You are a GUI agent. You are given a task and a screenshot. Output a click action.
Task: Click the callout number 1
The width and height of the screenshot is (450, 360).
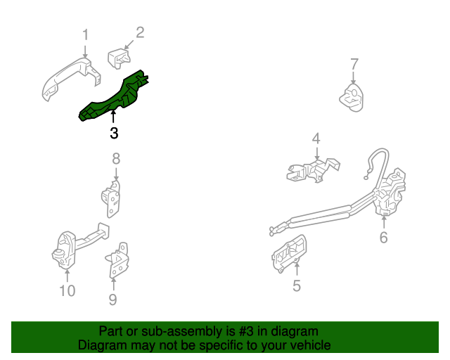pos(85,35)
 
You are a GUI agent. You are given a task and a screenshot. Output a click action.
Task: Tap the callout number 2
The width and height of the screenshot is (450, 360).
pos(140,32)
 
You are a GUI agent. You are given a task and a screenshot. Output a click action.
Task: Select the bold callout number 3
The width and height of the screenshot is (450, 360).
pos(114,134)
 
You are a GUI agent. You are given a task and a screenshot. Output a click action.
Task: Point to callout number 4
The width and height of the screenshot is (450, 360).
pos(316,139)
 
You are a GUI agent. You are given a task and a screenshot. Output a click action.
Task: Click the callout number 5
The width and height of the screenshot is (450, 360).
pos(297,285)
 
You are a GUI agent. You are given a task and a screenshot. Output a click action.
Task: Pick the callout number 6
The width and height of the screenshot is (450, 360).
pos(383,238)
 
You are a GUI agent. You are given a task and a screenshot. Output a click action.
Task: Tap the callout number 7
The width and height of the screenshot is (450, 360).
pos(354,64)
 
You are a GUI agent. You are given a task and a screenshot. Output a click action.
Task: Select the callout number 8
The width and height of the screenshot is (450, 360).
pos(116,159)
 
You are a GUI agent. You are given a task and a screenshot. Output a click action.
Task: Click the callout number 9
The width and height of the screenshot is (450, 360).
pos(112,300)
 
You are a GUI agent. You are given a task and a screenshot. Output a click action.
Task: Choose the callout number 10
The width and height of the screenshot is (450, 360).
pos(67,291)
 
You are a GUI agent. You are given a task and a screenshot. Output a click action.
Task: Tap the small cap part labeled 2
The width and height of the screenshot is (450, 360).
pos(119,58)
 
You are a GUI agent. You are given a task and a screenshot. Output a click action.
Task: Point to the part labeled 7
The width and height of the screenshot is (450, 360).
pos(352,98)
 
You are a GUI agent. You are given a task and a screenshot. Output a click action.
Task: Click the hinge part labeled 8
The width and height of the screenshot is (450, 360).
pos(111,199)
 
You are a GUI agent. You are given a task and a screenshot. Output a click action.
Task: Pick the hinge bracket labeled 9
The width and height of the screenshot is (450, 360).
pos(117,261)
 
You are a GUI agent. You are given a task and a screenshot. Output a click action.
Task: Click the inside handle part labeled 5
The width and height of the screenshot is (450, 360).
pos(288,254)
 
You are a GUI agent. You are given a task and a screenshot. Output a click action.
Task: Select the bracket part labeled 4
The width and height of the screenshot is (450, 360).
pos(313,170)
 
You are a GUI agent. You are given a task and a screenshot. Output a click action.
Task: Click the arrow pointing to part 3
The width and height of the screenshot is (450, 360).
pos(114,117)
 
